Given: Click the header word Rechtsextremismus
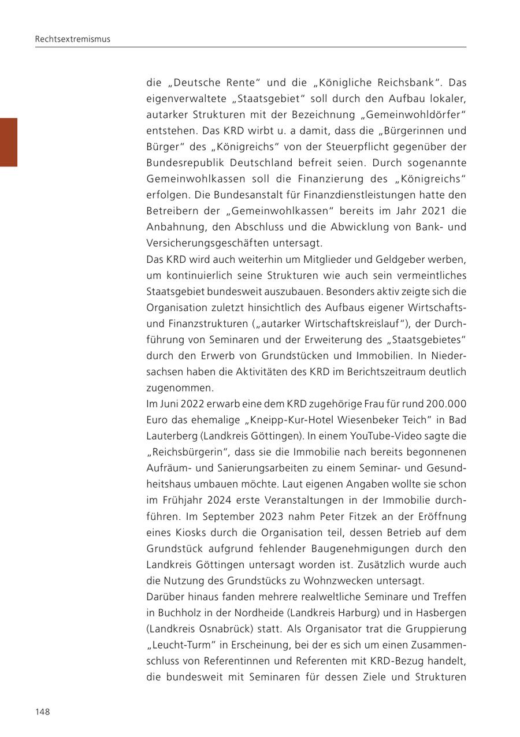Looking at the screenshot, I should (x=72, y=39).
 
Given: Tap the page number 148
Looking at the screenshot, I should (x=43, y=712).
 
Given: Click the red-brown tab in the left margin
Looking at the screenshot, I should (x=9, y=142).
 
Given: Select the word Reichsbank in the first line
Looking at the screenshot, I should (x=413, y=83).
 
